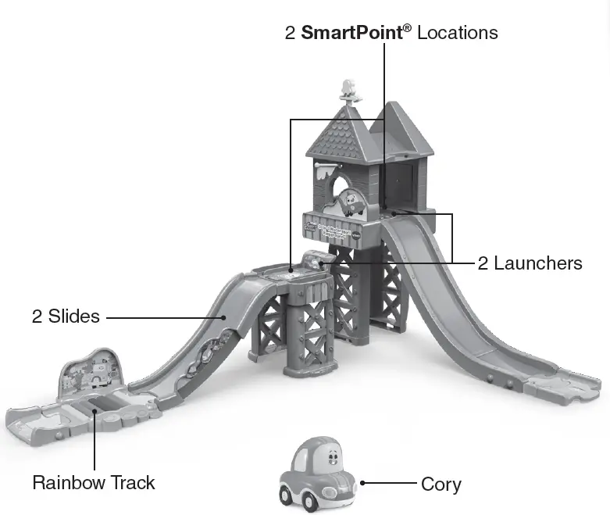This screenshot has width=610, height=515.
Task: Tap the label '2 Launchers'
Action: pos(530,263)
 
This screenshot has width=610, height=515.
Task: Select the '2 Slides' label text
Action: pos(66,317)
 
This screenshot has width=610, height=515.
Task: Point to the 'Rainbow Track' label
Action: pos(94,483)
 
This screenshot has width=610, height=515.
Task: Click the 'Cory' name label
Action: pos(441,485)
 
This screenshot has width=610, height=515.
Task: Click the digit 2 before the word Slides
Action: pos(37,317)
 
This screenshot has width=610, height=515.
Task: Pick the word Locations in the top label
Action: pos(457,33)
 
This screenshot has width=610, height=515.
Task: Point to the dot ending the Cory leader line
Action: pos(362,484)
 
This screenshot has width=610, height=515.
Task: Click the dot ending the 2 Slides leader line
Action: pos(224,317)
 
